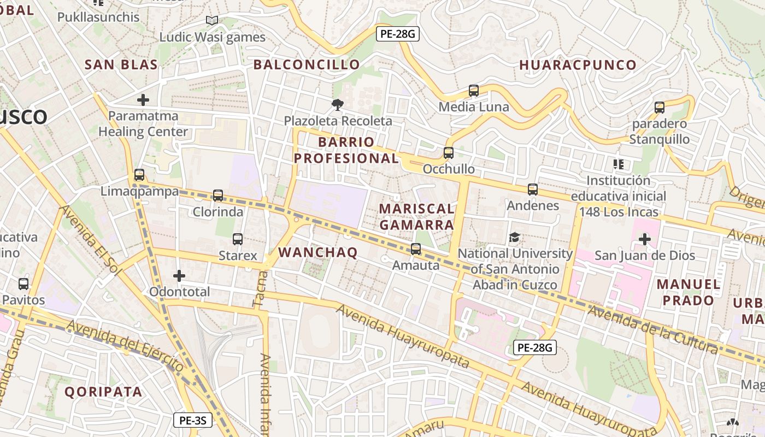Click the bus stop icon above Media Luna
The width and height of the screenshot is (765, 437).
pyautogui.click(x=474, y=91)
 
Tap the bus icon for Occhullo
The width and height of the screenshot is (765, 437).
pyautogui.click(x=449, y=153)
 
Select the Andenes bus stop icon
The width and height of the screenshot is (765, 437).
pyautogui.click(x=533, y=190)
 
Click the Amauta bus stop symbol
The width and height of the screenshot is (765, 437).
pyautogui.click(x=416, y=249)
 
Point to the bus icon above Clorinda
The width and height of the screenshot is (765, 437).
pyautogui.click(x=218, y=195)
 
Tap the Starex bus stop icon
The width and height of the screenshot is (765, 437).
pyautogui.click(x=238, y=239)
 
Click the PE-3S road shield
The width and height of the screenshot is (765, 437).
pyautogui.click(x=193, y=420)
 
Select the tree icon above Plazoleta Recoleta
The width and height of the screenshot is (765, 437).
pyautogui.click(x=338, y=104)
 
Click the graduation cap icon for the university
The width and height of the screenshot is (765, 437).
pyautogui.click(x=514, y=238)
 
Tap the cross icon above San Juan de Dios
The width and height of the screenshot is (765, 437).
pyautogui.click(x=645, y=239)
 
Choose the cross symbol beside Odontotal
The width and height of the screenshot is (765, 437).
pyautogui.click(x=179, y=276)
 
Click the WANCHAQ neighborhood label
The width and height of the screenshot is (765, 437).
pyautogui.click(x=318, y=252)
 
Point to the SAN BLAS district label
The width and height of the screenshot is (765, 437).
pyautogui.click(x=121, y=64)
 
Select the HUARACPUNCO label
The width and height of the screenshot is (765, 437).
pyautogui.click(x=578, y=65)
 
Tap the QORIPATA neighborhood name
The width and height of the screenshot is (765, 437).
pyautogui.click(x=103, y=392)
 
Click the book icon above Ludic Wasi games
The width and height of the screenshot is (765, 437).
pyautogui.click(x=212, y=21)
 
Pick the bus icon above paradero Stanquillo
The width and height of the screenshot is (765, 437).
pyautogui.click(x=660, y=107)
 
